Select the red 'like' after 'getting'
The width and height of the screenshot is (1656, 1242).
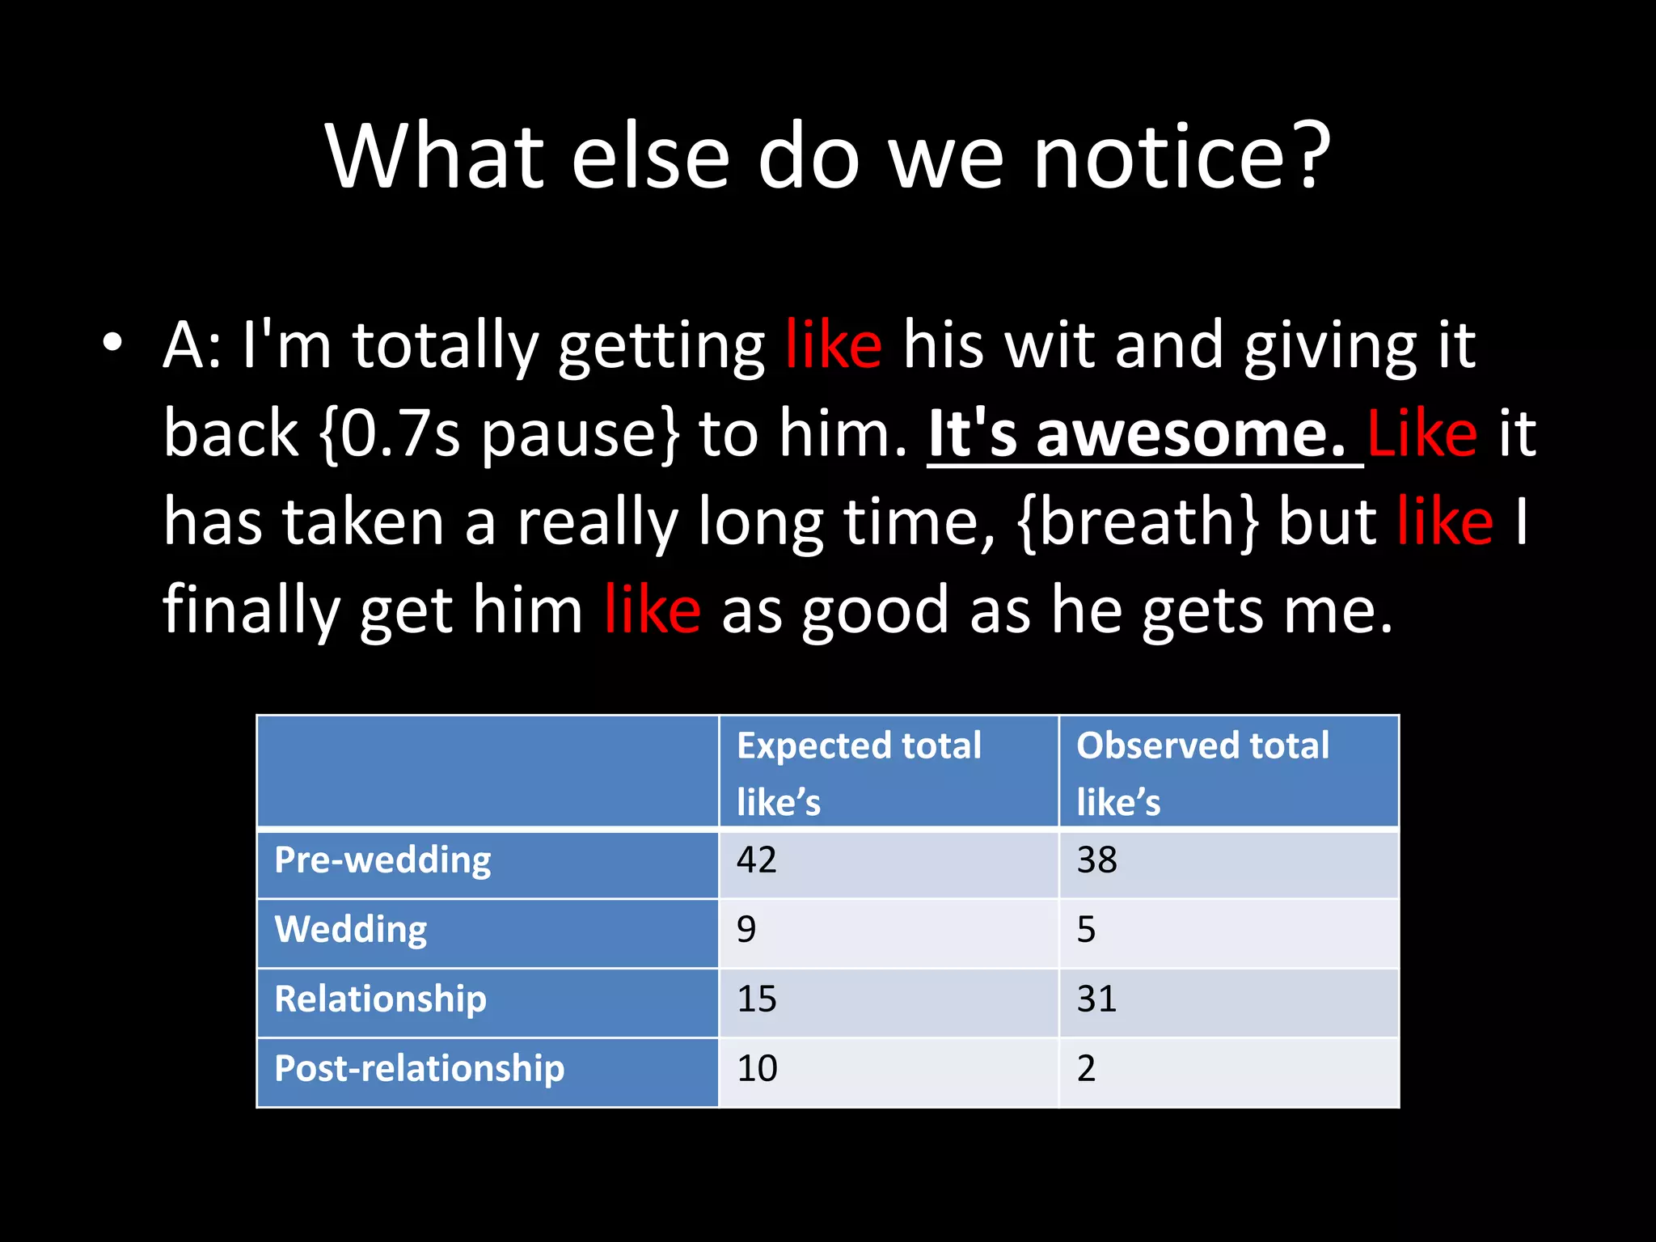tap(833, 345)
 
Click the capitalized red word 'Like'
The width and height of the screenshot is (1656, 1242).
tap(1422, 434)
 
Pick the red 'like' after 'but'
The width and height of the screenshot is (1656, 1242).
tap(1444, 522)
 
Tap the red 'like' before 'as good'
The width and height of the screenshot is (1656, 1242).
tap(652, 610)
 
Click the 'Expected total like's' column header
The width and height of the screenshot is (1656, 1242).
tap(859, 773)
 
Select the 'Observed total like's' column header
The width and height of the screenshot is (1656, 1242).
tap(1202, 773)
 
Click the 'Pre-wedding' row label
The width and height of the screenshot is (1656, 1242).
tap(382, 860)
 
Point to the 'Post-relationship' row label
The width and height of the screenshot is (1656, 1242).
tap(419, 1069)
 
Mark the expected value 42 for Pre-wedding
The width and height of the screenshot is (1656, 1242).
tap(756, 860)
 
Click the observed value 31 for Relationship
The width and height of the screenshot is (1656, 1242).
tap(1096, 999)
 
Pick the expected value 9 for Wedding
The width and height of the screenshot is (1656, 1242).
tap(746, 930)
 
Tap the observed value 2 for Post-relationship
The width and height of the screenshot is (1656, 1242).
tap(1086, 1069)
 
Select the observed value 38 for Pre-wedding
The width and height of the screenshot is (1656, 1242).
tap(1096, 860)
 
